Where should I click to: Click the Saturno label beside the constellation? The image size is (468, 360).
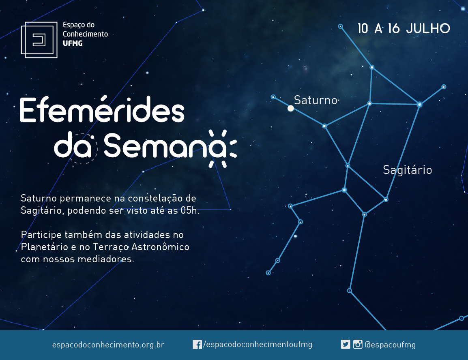(316, 100)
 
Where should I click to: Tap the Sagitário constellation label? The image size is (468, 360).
(408, 170)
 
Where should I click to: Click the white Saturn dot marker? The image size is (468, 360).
(291, 108)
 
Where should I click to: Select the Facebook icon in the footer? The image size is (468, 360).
(197, 345)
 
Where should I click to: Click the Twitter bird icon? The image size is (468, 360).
(346, 345)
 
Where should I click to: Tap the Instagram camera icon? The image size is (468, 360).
(358, 345)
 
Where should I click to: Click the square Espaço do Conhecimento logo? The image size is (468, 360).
(39, 40)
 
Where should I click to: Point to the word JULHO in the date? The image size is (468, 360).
(428, 29)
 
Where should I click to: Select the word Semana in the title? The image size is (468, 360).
(165, 146)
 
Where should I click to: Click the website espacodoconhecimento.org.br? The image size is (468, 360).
(108, 345)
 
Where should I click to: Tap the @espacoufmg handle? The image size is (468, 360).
(390, 345)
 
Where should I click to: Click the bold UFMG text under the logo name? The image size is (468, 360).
(73, 43)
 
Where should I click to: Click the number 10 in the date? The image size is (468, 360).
(363, 29)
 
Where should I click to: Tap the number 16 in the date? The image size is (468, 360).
(394, 29)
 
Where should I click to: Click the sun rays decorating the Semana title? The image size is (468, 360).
(222, 148)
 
